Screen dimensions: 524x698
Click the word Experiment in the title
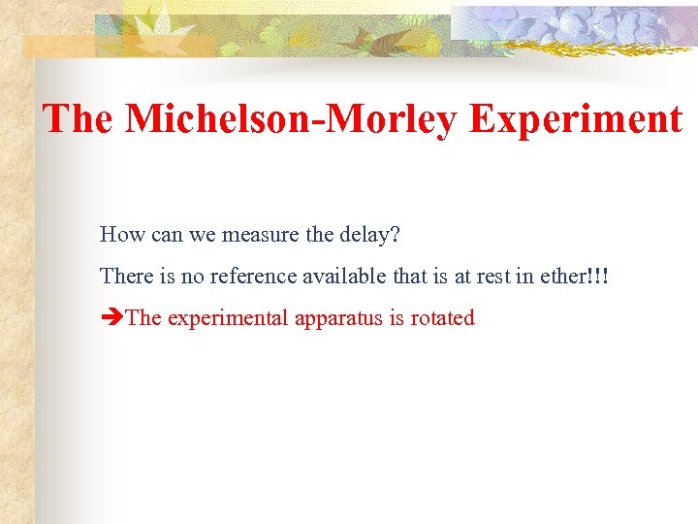(576, 119)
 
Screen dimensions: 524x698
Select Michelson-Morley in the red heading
(292, 119)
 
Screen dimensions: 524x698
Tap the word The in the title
(79, 119)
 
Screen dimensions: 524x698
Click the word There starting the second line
(126, 276)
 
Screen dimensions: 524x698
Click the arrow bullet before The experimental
(111, 318)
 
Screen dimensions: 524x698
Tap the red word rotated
(441, 318)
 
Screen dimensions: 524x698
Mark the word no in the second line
(192, 276)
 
